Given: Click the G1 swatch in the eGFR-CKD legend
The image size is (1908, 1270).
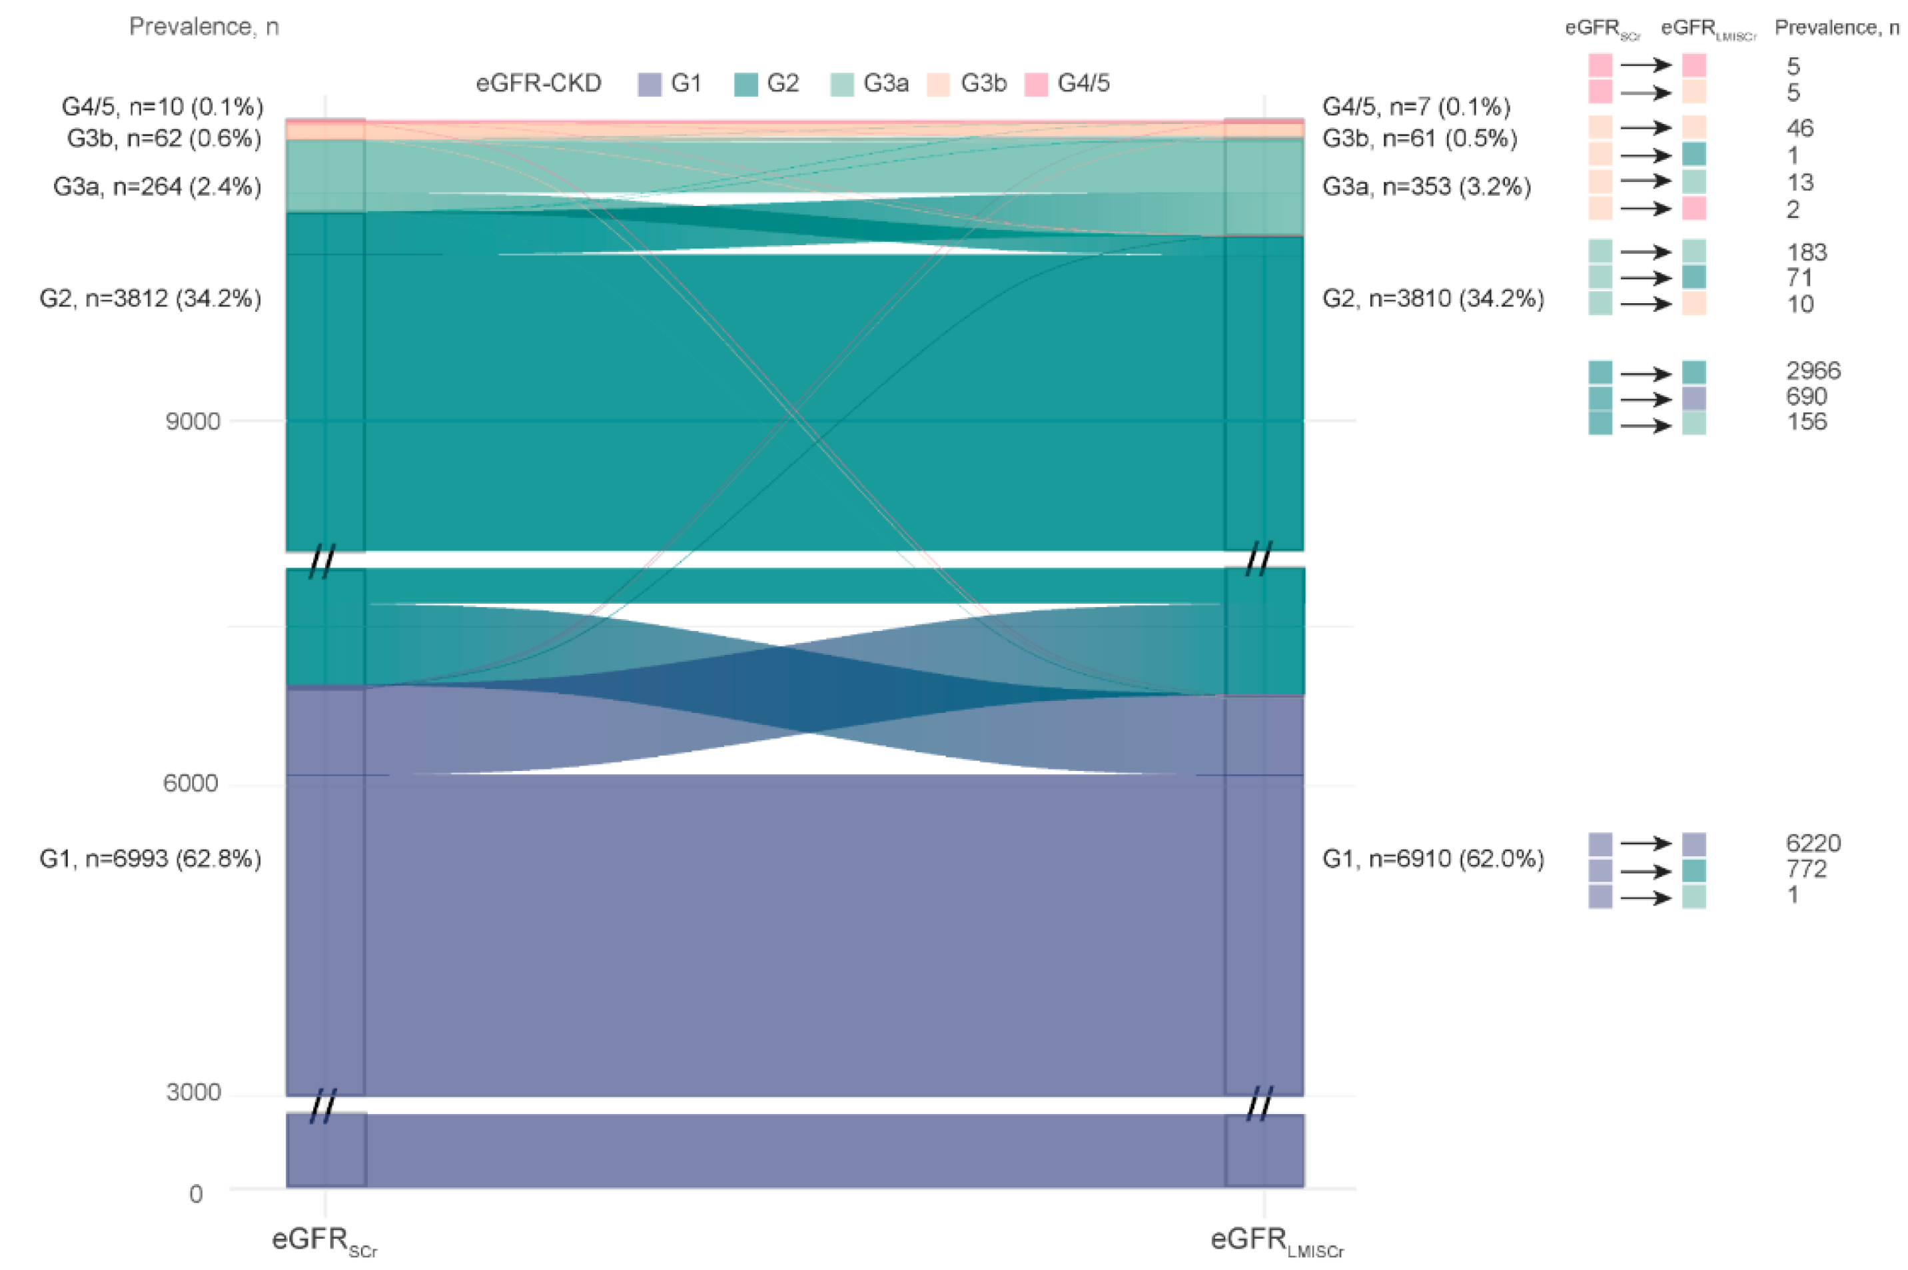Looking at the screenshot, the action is pos(650,84).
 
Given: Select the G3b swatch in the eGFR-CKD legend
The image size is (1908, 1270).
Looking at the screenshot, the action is pos(939,84).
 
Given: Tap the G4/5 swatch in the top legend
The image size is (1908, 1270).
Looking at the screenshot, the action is pos(1037,84).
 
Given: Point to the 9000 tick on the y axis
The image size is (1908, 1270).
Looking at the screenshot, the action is pos(193,421).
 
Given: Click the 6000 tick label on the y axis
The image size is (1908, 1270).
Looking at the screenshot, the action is pos(191,783).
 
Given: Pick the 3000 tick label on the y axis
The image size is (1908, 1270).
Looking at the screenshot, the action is pos(194,1092).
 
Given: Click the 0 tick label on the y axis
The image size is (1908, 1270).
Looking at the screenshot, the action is pos(196,1194).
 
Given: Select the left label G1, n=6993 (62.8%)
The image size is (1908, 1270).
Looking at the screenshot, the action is pos(151,858).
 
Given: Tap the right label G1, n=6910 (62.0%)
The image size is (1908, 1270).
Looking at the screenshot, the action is pos(1434,858).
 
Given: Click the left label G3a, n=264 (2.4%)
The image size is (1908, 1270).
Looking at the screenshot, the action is pos(157,187).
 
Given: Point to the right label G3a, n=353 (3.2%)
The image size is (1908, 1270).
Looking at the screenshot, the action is pos(1427,187).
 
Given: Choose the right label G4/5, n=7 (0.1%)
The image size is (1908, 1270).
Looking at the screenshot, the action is pos(1416,107).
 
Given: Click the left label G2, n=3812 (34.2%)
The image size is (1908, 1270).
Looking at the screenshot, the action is pos(151,299).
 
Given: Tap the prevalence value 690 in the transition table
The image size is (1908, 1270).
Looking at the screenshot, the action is pos(1807,397).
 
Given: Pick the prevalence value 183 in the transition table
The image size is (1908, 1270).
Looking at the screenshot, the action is pos(1807,253).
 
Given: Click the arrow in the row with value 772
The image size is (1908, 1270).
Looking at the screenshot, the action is pos(1646,872).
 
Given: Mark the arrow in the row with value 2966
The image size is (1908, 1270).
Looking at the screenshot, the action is pos(1646,373).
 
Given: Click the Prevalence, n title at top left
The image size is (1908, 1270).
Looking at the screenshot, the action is pos(204,27).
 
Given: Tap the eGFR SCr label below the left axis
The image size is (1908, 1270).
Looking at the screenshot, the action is pos(324,1241).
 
